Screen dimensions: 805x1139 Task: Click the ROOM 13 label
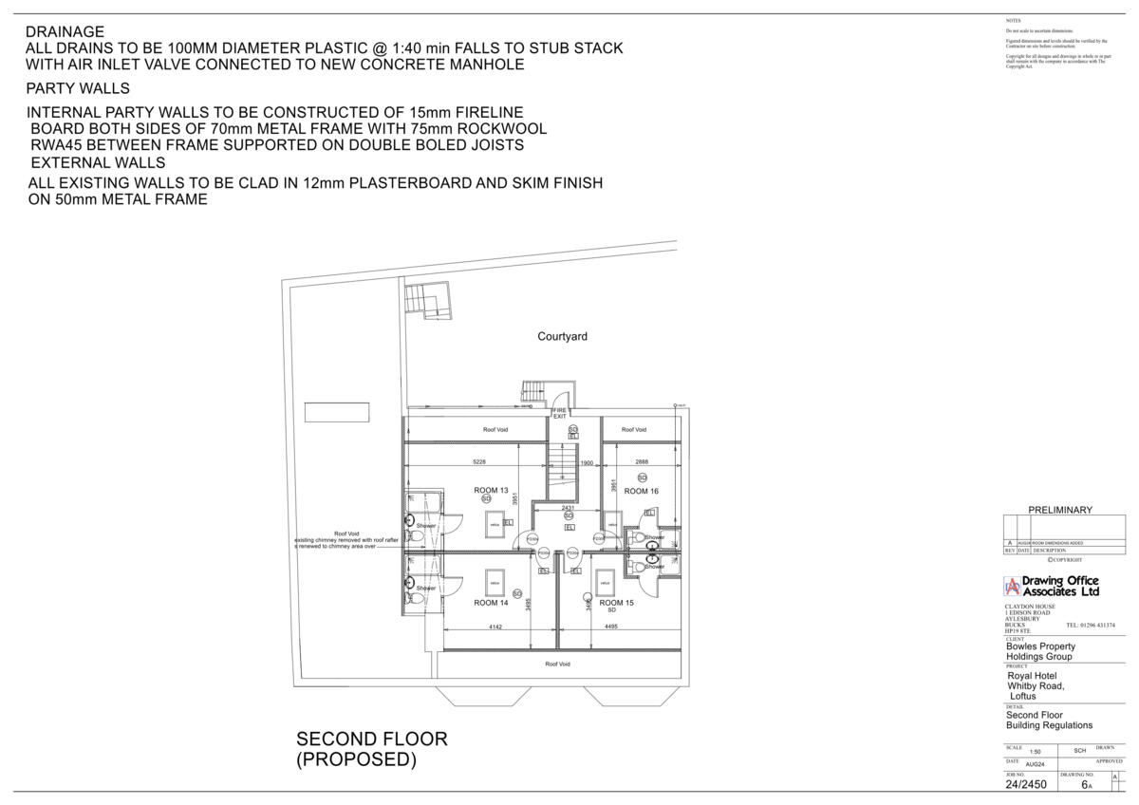[x=491, y=491]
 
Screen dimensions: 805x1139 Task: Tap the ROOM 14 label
[x=491, y=603]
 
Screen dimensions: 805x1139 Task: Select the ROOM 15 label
[x=616, y=603]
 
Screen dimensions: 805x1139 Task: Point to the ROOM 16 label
[x=642, y=491]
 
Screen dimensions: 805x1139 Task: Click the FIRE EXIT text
[x=560, y=413]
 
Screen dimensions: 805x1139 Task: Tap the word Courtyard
[x=562, y=337]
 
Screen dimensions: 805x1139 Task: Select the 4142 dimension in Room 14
[x=495, y=627]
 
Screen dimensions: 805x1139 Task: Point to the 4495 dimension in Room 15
[x=611, y=627]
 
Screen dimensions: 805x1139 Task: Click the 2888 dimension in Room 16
[x=642, y=462]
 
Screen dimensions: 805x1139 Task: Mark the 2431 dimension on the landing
[x=568, y=508]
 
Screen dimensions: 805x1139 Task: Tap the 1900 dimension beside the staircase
[x=587, y=463]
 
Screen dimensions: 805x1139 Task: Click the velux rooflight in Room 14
[x=495, y=581]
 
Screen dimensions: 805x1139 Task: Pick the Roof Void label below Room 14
[x=558, y=664]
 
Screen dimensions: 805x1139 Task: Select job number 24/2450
[x=1026, y=785]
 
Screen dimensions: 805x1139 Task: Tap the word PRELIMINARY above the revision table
[x=1060, y=510]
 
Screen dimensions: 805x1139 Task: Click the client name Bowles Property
[x=1040, y=646]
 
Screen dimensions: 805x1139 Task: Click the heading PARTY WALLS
[x=78, y=89]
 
